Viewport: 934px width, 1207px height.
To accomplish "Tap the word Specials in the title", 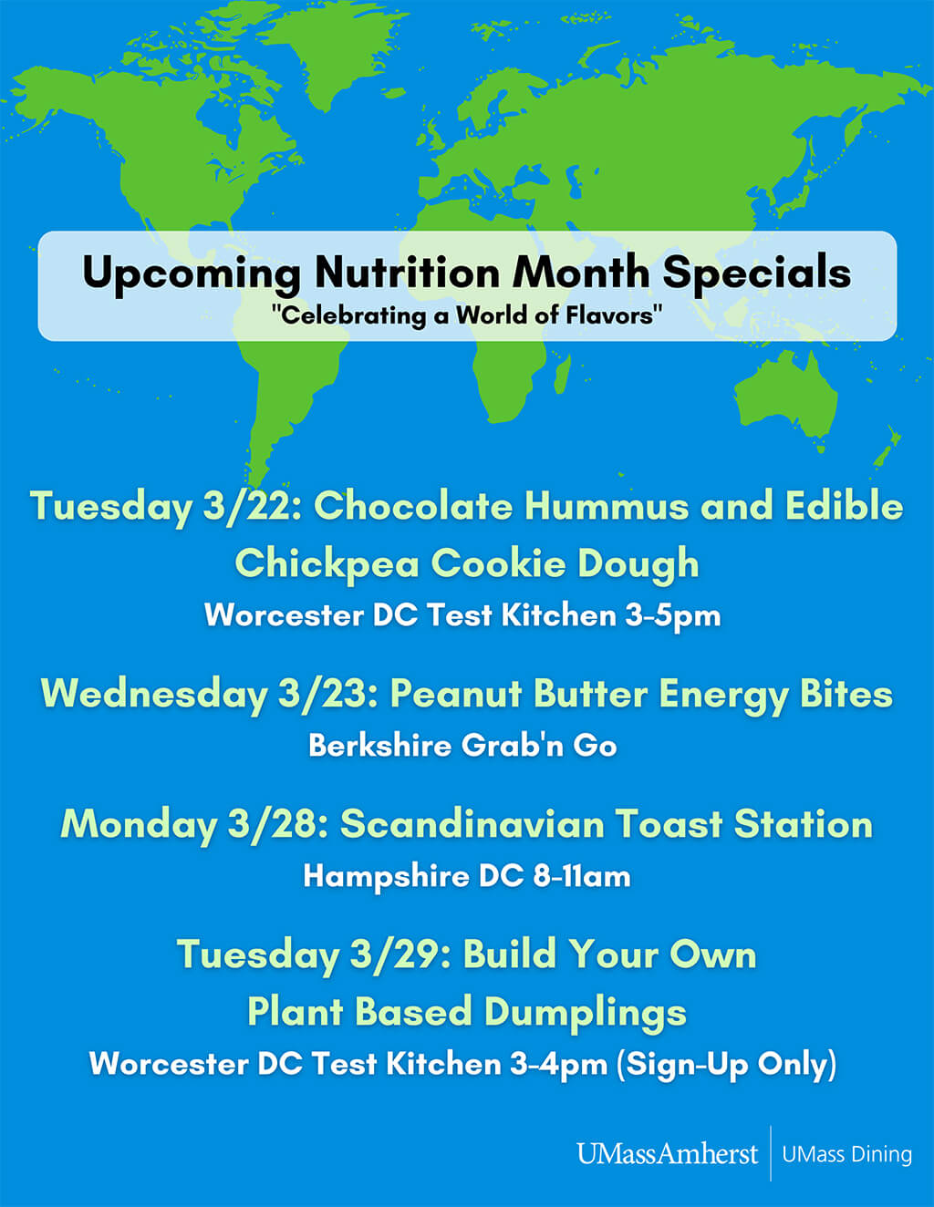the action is [757, 273].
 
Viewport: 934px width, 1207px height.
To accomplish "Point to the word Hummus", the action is [607, 507].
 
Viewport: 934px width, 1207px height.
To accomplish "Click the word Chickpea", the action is [327, 564].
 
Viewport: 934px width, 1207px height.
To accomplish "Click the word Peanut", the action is [456, 694].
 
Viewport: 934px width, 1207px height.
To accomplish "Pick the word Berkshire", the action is [380, 746].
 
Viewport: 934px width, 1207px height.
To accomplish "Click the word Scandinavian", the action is [472, 824].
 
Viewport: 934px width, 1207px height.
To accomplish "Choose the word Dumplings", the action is [586, 1013].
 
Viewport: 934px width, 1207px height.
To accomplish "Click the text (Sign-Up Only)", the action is [726, 1065].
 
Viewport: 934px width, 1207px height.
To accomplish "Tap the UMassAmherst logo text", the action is [667, 1154].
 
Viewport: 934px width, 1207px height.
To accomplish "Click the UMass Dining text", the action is [846, 1154].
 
